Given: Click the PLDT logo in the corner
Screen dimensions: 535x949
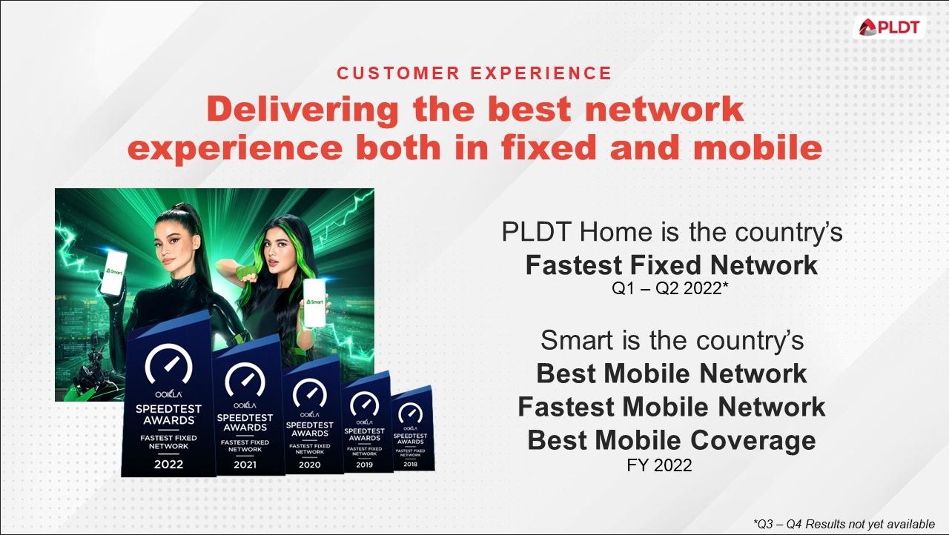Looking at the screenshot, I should point(889,27).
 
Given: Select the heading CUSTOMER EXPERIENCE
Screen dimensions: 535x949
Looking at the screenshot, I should point(474,73).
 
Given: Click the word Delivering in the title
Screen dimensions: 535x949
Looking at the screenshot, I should point(303,110).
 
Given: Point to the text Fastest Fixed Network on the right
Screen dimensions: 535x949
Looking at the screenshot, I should point(672,265).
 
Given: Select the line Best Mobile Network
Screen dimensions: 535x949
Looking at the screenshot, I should point(672,373).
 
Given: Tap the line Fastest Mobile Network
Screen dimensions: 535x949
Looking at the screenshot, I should point(672,406).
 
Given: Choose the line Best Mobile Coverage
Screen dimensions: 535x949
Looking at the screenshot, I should point(672,440).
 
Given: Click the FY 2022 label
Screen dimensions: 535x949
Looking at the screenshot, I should point(659,465).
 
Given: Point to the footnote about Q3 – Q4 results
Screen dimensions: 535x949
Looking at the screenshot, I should point(844,524).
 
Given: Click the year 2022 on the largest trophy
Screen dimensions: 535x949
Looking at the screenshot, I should point(168,465).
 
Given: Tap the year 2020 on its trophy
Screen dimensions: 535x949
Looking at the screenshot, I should point(309,465).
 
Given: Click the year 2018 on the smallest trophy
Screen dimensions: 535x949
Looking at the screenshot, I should point(410,464).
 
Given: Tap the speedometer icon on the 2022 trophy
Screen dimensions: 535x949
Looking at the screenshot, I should point(168,365).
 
